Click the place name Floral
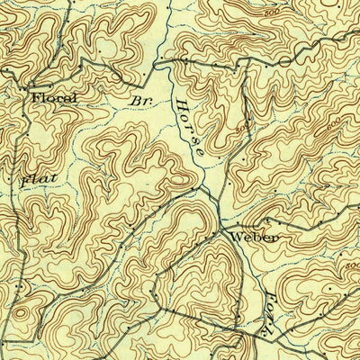(x=53, y=98)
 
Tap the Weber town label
(x=255, y=238)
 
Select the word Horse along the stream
(x=188, y=125)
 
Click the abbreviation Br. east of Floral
(x=139, y=101)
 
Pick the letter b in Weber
(x=259, y=238)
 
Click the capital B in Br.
(x=135, y=101)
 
